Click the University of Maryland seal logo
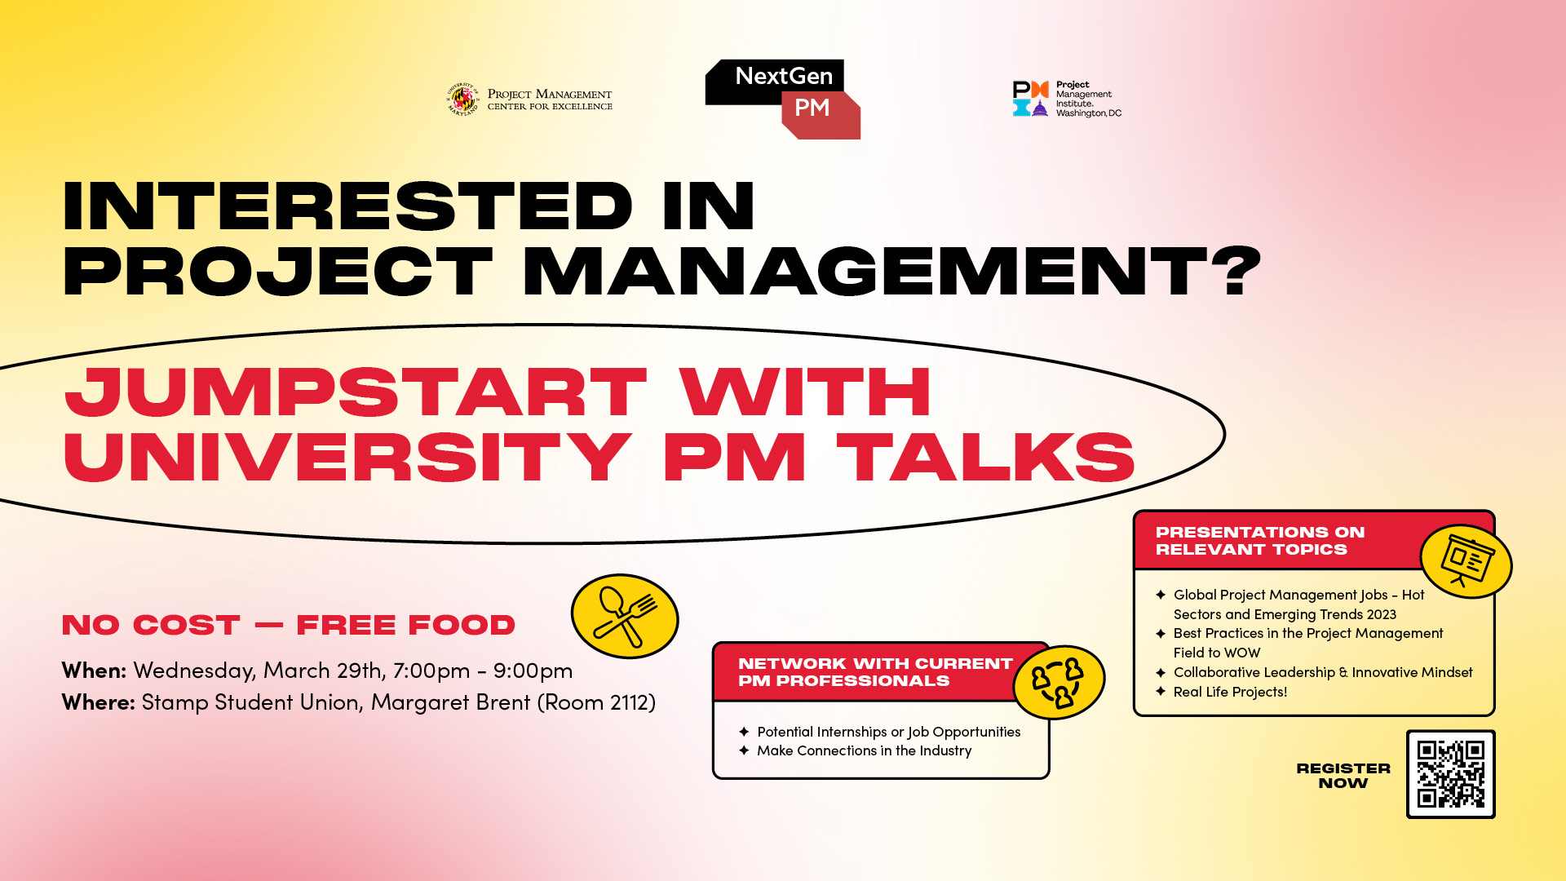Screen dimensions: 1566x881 [462, 100]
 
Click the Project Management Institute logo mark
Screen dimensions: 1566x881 [1030, 99]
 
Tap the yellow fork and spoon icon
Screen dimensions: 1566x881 [625, 616]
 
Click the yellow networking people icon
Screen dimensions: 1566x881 [1059, 682]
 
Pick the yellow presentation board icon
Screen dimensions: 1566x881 [1466, 561]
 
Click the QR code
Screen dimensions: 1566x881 [1451, 774]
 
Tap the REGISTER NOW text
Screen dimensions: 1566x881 [1343, 776]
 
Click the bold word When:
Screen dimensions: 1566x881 [95, 671]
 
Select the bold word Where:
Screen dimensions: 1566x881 [99, 702]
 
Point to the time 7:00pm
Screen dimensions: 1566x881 [431, 671]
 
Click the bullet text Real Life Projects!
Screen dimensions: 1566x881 [1230, 692]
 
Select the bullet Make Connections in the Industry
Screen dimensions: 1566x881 [865, 750]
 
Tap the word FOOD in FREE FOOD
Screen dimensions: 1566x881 [462, 625]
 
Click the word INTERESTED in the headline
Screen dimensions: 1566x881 [348, 206]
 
